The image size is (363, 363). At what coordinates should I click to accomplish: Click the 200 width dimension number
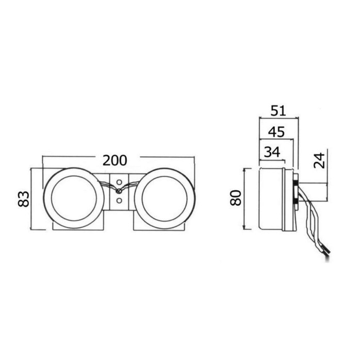[115, 160]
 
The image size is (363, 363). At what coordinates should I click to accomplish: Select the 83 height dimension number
[24, 199]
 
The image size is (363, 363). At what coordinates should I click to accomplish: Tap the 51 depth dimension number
[278, 111]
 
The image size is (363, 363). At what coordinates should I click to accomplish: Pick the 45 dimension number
[276, 132]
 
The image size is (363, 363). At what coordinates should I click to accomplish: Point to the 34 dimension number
[272, 152]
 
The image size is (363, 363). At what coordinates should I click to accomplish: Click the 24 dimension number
[319, 160]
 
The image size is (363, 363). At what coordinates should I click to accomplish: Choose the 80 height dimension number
[236, 197]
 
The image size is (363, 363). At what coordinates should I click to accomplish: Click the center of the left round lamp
[74, 199]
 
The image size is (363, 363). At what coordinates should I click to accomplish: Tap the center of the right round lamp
[164, 199]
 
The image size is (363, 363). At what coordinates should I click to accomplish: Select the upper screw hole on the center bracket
[119, 182]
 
